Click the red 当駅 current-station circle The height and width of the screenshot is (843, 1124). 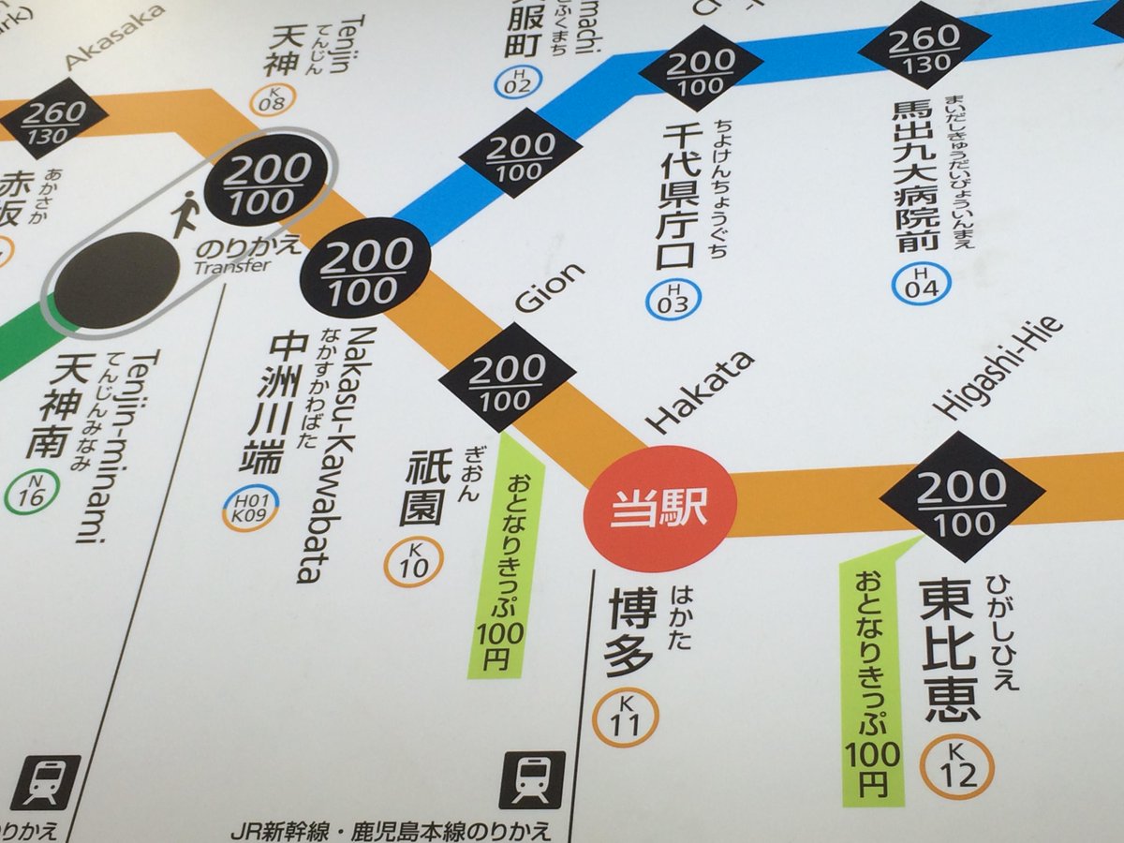click(x=659, y=509)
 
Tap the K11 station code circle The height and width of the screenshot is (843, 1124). click(x=626, y=717)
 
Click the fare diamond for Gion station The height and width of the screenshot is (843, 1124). click(x=507, y=377)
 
